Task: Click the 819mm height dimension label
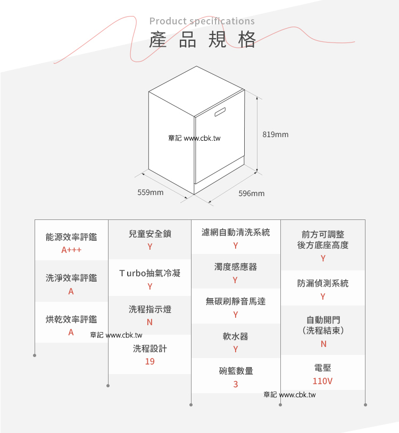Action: click(x=276, y=134)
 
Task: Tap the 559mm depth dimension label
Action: click(x=151, y=192)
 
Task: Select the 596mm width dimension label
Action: click(x=252, y=193)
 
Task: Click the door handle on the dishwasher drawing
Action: click(x=220, y=112)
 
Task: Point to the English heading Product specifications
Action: click(x=202, y=21)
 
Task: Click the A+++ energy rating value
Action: click(x=71, y=250)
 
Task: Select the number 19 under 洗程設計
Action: click(x=150, y=361)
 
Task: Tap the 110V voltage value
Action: click(x=322, y=381)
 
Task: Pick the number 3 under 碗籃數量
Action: click(x=236, y=384)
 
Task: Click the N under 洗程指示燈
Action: click(x=149, y=322)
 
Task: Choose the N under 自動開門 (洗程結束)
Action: click(x=323, y=344)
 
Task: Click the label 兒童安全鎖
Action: click(x=150, y=234)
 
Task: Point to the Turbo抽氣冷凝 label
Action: click(x=150, y=273)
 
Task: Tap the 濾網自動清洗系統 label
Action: click(x=236, y=232)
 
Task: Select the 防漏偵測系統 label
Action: click(x=323, y=283)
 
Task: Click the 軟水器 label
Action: click(x=236, y=336)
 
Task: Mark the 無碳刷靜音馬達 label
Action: click(x=236, y=301)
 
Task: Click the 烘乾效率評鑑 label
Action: click(x=71, y=319)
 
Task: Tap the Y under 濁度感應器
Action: click(x=235, y=280)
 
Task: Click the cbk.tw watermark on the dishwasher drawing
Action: click(x=194, y=138)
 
